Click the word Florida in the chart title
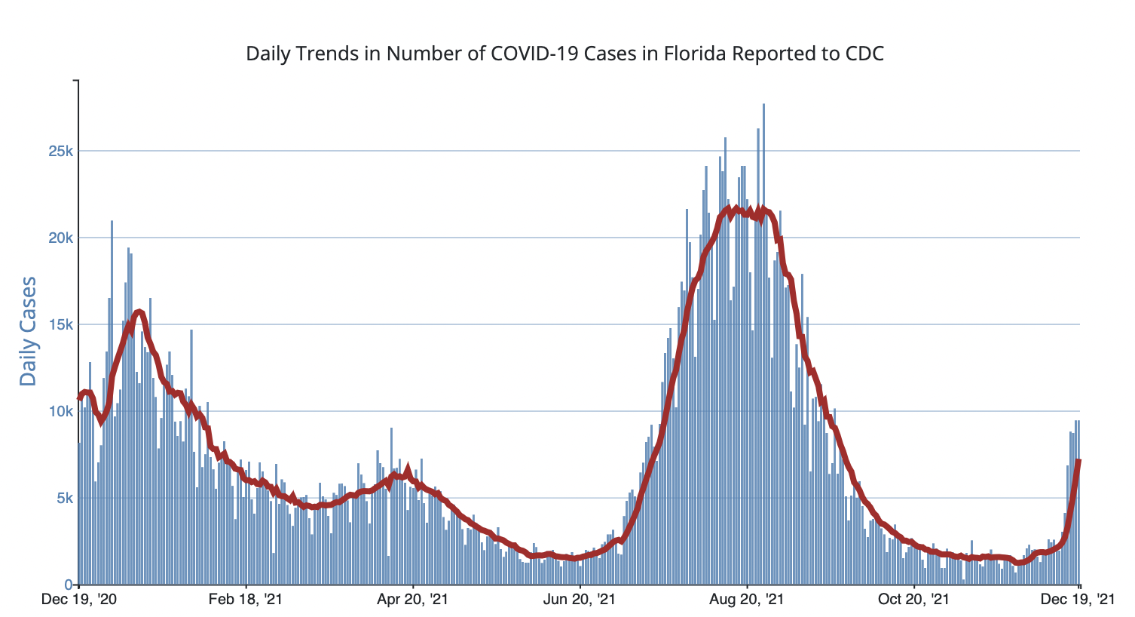pyautogui.click(x=694, y=54)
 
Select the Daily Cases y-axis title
pyautogui.click(x=28, y=332)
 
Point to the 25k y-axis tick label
pyautogui.click(x=60, y=151)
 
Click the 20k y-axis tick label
pyautogui.click(x=60, y=238)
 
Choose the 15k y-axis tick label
pyautogui.click(x=60, y=324)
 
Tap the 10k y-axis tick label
pyautogui.click(x=60, y=411)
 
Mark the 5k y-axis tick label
pyautogui.click(x=63, y=498)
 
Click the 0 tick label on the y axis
pyautogui.click(x=69, y=585)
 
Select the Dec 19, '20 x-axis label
pyautogui.click(x=79, y=600)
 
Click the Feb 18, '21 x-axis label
pyautogui.click(x=246, y=600)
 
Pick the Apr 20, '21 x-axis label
pyautogui.click(x=413, y=600)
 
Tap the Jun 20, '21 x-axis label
pyautogui.click(x=580, y=600)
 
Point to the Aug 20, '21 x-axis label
pyautogui.click(x=747, y=600)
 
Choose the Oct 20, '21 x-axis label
pyautogui.click(x=913, y=600)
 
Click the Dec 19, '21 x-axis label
pyautogui.click(x=1079, y=600)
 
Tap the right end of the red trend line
pyautogui.click(x=1079, y=460)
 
